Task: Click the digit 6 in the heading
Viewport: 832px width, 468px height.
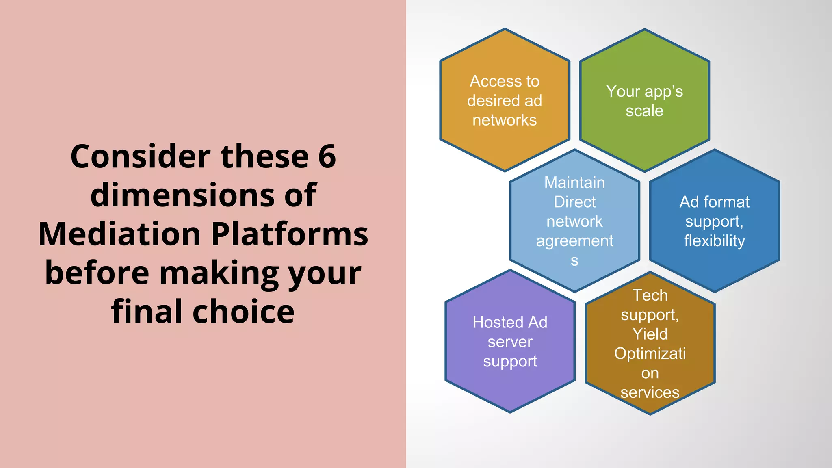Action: [327, 156]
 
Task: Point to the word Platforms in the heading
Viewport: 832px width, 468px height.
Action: [290, 234]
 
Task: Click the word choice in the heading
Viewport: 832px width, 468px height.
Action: [243, 312]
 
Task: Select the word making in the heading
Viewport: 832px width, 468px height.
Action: [219, 273]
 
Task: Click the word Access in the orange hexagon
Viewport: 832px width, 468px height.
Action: [490, 81]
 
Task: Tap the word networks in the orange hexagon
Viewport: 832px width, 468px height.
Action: [505, 120]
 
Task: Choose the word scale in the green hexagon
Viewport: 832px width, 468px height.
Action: [644, 111]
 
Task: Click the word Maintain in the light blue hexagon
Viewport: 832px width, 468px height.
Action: [574, 182]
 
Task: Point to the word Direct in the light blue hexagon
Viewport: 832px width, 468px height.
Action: [574, 202]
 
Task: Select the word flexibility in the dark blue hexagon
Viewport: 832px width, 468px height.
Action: [714, 241]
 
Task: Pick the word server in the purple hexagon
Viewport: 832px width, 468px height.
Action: [510, 342]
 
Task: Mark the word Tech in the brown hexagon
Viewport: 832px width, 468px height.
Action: [650, 295]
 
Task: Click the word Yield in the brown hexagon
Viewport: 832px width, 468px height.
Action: [650, 334]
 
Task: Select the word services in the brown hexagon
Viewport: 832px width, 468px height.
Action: [650, 392]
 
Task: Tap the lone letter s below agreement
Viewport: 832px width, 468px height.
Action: [574, 260]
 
